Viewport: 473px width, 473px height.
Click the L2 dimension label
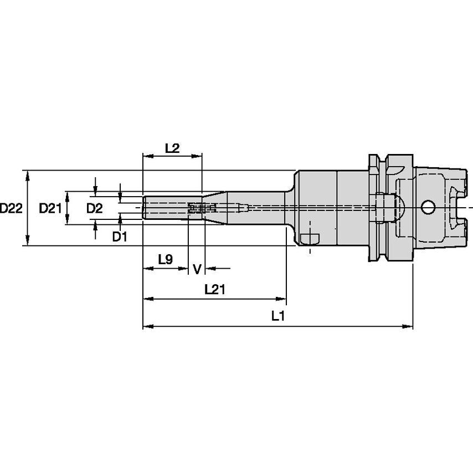(x=172, y=148)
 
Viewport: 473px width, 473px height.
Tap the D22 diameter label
(x=11, y=208)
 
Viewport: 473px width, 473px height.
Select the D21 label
(x=50, y=208)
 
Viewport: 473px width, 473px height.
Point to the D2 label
(x=94, y=208)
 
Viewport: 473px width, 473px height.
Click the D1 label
(x=120, y=237)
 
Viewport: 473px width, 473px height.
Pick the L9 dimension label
(x=165, y=259)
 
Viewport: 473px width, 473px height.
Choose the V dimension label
(x=197, y=269)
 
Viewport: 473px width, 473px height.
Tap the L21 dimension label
(x=215, y=290)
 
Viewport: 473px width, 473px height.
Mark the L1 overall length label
(x=278, y=316)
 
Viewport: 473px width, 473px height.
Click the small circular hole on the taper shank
(x=428, y=207)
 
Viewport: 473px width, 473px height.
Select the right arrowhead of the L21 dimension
(x=281, y=299)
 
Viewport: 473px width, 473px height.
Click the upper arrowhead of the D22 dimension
(x=28, y=176)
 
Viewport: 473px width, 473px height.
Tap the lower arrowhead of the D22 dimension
(x=28, y=241)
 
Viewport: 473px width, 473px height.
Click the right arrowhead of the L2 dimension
(x=197, y=156)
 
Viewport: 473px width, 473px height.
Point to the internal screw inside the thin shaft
(x=202, y=208)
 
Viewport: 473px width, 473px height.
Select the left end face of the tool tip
(x=143, y=208)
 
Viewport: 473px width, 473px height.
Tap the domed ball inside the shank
(x=398, y=208)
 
